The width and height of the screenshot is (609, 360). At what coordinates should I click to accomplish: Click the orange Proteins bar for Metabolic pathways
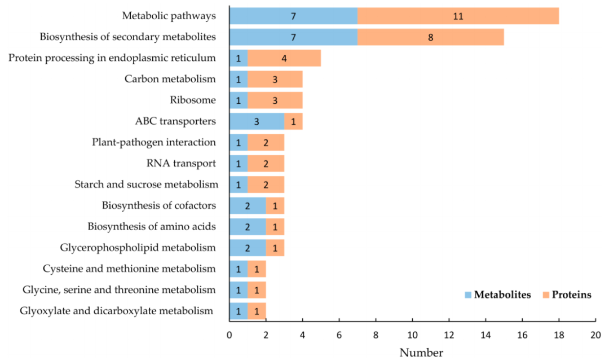click(x=458, y=16)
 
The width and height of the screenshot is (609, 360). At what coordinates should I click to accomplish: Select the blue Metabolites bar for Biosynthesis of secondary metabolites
click(x=293, y=37)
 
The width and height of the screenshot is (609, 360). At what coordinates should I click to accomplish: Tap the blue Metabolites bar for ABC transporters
click(x=257, y=121)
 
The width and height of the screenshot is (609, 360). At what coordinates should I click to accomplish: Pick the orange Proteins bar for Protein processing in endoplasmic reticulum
click(x=284, y=58)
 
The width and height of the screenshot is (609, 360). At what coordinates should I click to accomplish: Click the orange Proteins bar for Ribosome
click(x=275, y=100)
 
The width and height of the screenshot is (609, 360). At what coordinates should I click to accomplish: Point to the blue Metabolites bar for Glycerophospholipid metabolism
click(x=248, y=247)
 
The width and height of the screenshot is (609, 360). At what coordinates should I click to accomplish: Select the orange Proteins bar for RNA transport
click(x=266, y=163)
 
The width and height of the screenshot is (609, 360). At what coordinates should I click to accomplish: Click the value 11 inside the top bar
click(x=458, y=16)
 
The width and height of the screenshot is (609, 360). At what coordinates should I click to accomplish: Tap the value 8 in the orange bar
click(x=430, y=37)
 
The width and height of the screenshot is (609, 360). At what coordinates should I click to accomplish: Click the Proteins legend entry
click(x=566, y=295)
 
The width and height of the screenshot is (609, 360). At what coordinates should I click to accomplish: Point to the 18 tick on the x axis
click(x=559, y=334)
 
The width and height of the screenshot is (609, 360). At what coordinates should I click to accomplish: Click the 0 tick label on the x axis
click(x=230, y=334)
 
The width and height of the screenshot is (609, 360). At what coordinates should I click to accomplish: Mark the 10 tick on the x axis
click(x=412, y=334)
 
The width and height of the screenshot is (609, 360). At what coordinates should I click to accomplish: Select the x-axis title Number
click(x=421, y=353)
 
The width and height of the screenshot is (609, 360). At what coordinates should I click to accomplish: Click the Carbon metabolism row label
click(x=170, y=78)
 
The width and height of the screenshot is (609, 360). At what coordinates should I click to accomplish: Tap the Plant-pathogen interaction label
click(x=154, y=142)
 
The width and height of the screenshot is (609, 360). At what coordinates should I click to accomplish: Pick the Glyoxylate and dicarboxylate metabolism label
click(x=117, y=310)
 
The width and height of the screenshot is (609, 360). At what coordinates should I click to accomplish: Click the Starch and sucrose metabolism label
click(x=146, y=184)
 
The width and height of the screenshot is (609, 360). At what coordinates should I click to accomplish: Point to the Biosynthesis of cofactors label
click(x=159, y=205)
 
